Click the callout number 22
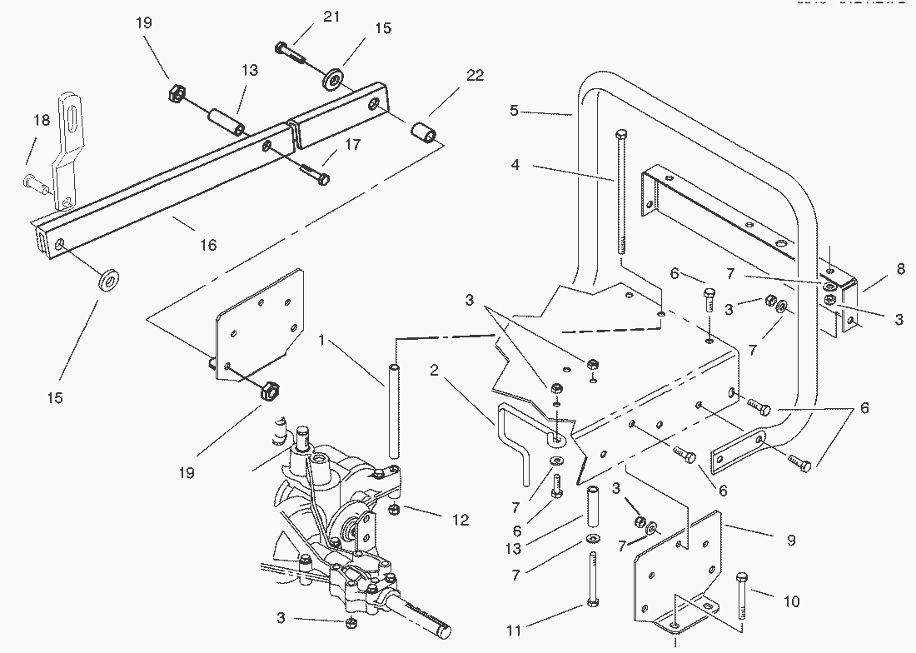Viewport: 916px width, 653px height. click(x=475, y=76)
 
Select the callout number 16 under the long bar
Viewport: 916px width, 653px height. click(x=207, y=245)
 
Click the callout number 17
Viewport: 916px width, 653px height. click(x=352, y=145)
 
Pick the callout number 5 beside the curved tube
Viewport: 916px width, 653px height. click(x=514, y=110)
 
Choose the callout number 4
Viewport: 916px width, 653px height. click(x=515, y=165)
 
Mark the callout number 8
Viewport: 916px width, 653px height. click(x=900, y=269)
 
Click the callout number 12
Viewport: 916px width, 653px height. click(x=459, y=521)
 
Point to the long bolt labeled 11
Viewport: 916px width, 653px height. click(x=590, y=583)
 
